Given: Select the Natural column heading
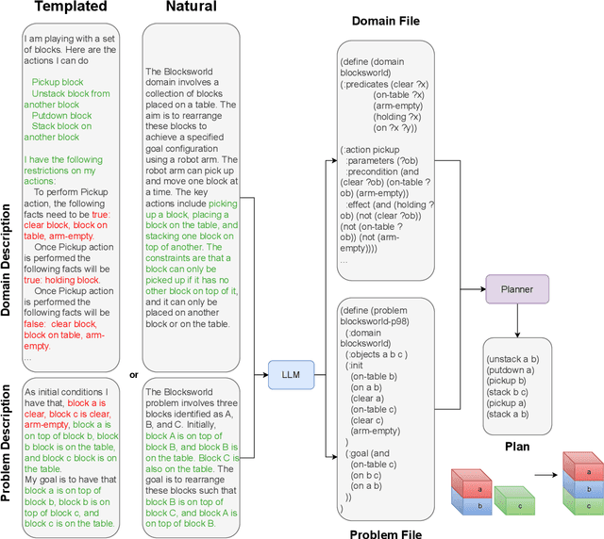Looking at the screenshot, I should pos(191,8).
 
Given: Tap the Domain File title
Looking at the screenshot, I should pos(387,20).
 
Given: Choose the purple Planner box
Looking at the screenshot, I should pos(517,289).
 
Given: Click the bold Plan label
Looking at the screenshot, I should pos(516,446).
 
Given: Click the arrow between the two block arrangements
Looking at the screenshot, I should pos(541,490).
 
